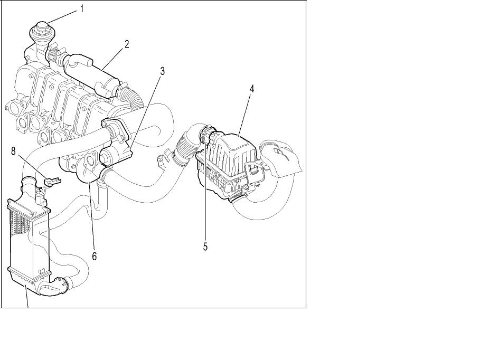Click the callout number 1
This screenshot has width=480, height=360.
[x=82, y=9]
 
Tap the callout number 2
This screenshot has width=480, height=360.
[x=127, y=44]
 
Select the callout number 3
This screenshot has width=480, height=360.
[x=162, y=71]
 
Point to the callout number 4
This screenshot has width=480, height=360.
[x=252, y=89]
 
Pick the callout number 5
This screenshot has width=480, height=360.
[x=205, y=247]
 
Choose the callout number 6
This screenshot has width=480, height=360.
[x=95, y=256]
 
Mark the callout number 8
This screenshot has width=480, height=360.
[x=13, y=151]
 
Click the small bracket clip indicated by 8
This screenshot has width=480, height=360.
[x=52, y=182]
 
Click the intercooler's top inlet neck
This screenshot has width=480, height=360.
[x=29, y=186]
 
